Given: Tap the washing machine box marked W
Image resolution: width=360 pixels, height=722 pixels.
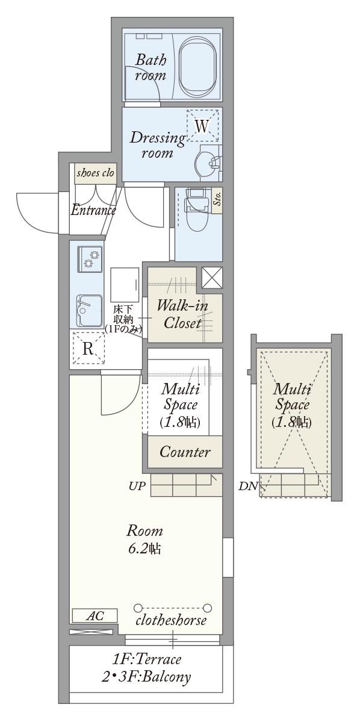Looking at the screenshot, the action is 202,125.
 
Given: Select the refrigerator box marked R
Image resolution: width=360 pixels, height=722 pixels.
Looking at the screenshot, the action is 88,348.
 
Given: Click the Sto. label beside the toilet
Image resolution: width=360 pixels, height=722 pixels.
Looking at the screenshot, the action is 217,200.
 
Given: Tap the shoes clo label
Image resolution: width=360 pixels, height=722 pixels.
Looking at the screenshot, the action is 95,173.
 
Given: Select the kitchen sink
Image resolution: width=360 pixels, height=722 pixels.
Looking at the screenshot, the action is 89,310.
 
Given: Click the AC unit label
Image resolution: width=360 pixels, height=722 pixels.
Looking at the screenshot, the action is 95,616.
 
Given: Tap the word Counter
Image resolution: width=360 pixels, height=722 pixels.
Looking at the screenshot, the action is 185,452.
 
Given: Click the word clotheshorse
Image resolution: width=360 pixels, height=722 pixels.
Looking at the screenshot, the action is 171,620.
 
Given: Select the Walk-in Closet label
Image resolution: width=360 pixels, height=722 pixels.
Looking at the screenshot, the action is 182,314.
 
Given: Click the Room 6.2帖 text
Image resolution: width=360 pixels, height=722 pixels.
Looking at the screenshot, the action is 144,540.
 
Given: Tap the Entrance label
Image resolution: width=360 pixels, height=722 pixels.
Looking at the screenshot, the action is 93,210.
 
